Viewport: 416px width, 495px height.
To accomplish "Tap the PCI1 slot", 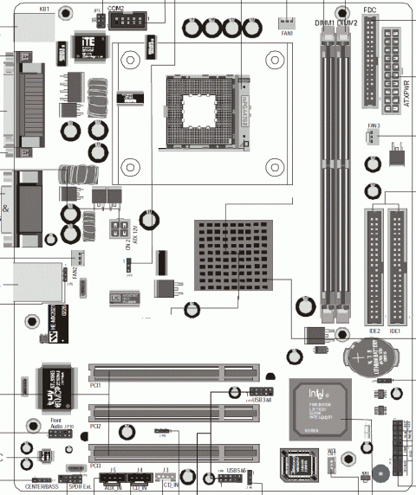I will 173,374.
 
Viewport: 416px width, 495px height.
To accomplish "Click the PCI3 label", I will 96,466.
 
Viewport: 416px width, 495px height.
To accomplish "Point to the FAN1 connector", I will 287,22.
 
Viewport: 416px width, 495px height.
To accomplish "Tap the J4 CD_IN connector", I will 139,478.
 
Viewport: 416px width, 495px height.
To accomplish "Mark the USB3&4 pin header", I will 241,392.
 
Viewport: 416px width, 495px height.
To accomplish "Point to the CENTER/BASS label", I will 42,488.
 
